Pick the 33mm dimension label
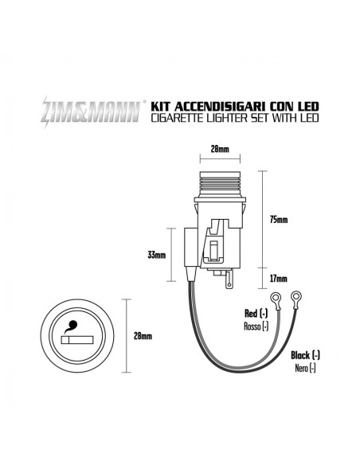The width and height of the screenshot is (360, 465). point(157,256)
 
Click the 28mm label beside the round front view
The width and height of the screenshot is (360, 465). point(143,335)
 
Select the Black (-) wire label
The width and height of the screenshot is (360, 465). point(305,354)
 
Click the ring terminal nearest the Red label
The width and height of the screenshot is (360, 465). point(275,300)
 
